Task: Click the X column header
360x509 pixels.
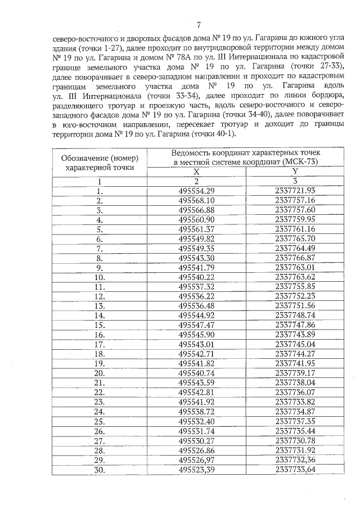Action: pyautogui.click(x=196, y=172)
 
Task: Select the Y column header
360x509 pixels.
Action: pyautogui.click(x=295, y=172)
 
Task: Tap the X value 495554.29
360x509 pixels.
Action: pyautogui.click(x=196, y=191)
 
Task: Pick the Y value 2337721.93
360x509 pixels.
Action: pyautogui.click(x=295, y=191)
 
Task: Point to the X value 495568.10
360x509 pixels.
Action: pyautogui.click(x=196, y=200)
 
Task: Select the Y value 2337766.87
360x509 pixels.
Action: pyautogui.click(x=295, y=258)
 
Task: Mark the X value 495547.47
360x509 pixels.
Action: pyautogui.click(x=196, y=325)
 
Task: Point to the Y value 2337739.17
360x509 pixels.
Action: pyautogui.click(x=295, y=372)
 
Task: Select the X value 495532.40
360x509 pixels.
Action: pyautogui.click(x=196, y=420)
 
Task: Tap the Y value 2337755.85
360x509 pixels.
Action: pyautogui.click(x=295, y=286)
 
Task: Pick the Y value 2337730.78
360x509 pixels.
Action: pyautogui.click(x=295, y=439)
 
